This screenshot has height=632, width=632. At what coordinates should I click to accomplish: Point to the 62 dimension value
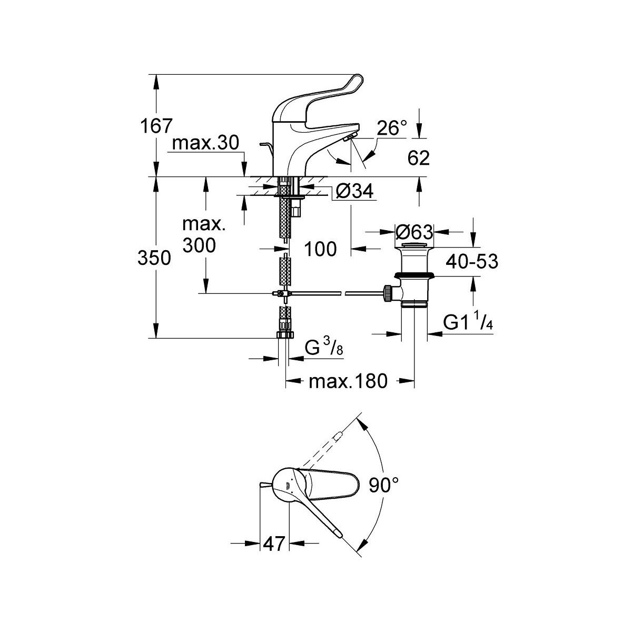418,157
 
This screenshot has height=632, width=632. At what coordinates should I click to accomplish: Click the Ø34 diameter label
353,192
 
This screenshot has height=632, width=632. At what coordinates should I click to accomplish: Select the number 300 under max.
199,244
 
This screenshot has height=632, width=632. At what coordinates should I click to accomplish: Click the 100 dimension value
320,249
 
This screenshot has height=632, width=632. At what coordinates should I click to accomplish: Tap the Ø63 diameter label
414,232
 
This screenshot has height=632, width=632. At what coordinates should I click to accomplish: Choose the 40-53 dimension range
472,261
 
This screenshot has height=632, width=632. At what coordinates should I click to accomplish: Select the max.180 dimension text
348,381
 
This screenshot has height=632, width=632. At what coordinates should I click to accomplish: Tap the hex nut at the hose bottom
284,334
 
